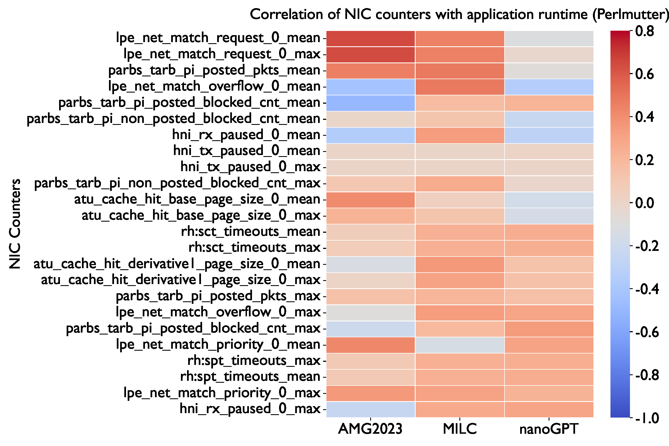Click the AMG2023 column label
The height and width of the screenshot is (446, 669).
[370, 429]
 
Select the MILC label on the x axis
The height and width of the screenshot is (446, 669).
[460, 429]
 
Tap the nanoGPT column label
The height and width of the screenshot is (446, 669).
[549, 429]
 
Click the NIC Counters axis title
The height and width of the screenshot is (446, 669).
[15, 224]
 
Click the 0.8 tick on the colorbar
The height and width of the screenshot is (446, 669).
[644, 31]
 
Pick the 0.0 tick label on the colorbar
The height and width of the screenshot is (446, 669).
[644, 203]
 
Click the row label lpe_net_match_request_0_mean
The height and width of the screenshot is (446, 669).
[218, 38]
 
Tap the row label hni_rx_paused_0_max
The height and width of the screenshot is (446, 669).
[250, 409]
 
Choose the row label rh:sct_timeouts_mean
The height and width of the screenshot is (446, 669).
[251, 231]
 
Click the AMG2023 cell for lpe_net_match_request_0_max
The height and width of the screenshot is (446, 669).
[370, 55]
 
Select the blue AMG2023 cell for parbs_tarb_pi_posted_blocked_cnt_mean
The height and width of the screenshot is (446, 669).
[370, 103]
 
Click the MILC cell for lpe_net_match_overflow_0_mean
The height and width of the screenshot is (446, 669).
[460, 87]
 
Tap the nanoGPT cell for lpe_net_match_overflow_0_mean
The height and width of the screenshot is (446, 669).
[549, 87]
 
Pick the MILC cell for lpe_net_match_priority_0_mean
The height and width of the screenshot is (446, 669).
[460, 345]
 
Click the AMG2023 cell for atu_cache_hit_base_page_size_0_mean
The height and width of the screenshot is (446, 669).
[370, 200]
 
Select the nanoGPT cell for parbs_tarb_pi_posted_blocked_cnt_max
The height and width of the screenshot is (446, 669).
[549, 329]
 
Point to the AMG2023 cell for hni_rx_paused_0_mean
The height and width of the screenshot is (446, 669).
[370, 135]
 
